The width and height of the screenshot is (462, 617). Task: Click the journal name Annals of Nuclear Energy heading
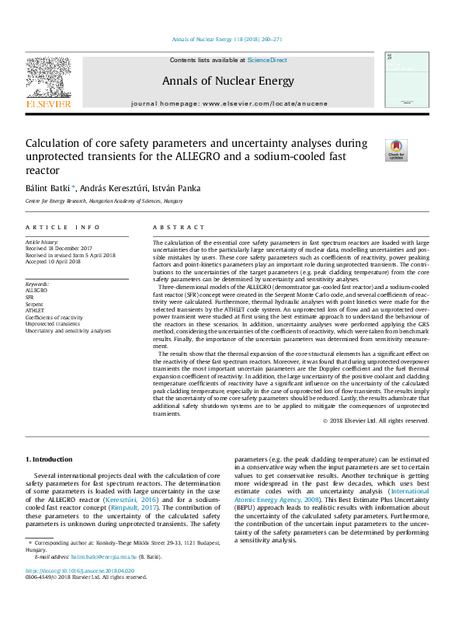228,81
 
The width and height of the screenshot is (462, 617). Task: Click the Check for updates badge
396,151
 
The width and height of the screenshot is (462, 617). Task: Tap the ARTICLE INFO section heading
63,228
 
